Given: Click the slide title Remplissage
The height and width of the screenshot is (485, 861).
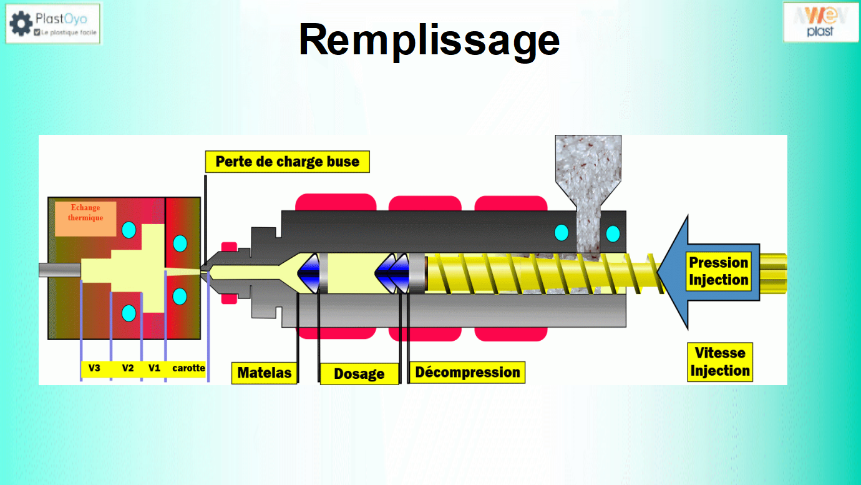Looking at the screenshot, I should tap(429, 40).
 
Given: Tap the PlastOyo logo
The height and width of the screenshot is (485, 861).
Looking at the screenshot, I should tap(53, 24).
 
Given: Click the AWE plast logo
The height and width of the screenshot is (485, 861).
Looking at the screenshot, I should tap(820, 22).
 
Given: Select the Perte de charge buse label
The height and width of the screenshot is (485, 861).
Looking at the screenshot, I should tap(287, 162).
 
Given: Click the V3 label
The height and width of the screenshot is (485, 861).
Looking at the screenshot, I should tap(94, 368).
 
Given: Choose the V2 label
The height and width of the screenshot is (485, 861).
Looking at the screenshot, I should tap(128, 368).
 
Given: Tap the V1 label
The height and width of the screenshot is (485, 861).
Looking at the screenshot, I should tap(154, 368).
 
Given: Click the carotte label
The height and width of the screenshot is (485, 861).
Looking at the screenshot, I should tap(188, 368).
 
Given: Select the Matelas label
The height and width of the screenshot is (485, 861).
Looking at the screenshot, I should tap(264, 373).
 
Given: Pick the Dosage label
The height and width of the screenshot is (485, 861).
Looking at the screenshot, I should tap(359, 374).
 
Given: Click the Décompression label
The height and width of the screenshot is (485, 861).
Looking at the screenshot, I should tap(467, 373).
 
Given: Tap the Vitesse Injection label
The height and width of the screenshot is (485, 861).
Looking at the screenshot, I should tap(719, 362).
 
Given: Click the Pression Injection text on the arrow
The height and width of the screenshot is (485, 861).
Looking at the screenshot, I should tap(718, 272).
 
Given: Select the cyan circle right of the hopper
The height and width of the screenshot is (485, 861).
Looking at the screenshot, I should tap(613, 233).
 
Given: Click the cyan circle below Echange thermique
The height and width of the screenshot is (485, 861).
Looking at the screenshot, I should tap(129, 230).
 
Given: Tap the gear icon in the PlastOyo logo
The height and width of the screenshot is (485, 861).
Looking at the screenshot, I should tap(21, 24).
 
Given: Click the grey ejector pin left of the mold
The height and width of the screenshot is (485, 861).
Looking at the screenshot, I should tap(59, 270).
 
